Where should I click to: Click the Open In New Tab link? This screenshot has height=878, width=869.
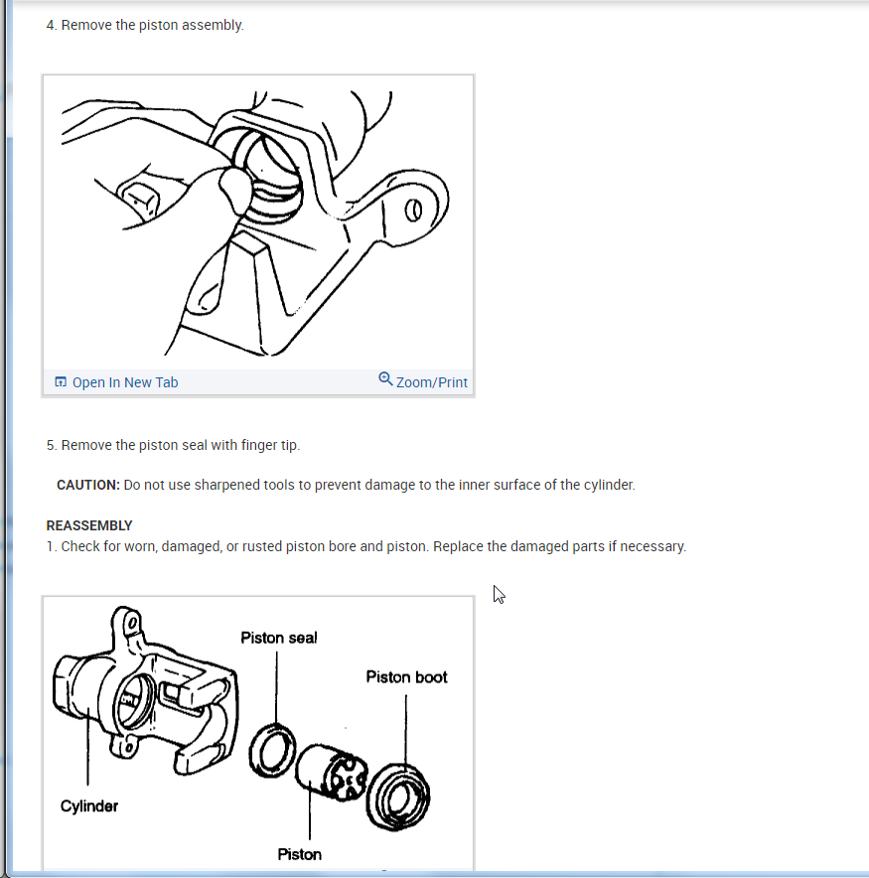125,382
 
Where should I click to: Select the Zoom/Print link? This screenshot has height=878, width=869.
432,382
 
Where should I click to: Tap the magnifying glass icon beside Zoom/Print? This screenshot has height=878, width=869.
385,379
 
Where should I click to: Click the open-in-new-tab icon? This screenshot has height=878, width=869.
61,381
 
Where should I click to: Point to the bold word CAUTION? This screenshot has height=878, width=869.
88,485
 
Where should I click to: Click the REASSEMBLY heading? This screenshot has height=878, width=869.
89,525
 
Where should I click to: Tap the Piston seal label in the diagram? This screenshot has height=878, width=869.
279,638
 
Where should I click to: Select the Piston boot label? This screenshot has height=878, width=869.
406,677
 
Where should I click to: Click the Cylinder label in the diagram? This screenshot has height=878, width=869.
89,806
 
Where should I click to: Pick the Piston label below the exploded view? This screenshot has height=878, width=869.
300,854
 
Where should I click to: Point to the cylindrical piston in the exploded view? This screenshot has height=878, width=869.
331,773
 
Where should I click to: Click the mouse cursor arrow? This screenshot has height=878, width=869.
499,595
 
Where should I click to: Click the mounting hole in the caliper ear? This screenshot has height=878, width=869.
413,211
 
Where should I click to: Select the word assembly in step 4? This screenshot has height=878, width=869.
215,25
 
